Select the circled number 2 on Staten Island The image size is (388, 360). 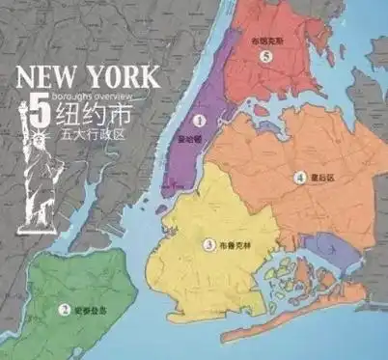point(64,310)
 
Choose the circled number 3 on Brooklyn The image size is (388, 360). point(209,245)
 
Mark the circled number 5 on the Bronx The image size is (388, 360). point(266,57)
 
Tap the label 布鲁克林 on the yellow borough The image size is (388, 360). point(234,245)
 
